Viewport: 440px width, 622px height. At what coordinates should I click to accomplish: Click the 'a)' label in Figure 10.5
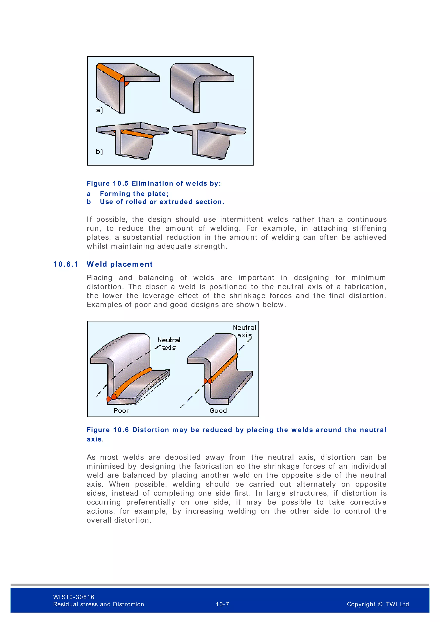(99, 110)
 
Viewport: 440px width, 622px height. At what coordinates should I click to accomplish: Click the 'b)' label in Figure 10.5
(99, 151)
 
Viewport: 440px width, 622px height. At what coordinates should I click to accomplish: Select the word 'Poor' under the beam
(121, 411)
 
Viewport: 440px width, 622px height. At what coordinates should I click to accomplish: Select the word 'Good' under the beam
(218, 411)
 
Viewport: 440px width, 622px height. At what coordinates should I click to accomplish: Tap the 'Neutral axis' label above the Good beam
(244, 331)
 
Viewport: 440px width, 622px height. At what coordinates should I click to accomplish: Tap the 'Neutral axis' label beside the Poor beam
(169, 343)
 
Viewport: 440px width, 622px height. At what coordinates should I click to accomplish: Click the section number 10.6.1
(66, 264)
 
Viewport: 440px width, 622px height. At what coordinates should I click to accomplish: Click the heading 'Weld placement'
(119, 264)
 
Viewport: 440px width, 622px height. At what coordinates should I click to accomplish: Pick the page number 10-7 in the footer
(222, 604)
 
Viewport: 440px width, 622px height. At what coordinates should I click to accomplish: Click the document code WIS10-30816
(74, 597)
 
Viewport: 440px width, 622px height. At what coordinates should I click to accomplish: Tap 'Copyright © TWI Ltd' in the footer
(378, 604)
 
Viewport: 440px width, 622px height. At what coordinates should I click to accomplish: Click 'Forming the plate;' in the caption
(134, 194)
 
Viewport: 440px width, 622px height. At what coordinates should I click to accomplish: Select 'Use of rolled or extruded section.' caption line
(162, 202)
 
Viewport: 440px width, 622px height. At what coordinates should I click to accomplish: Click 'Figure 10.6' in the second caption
(108, 430)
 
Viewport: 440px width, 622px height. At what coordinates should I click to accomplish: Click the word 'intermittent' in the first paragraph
(241, 220)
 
